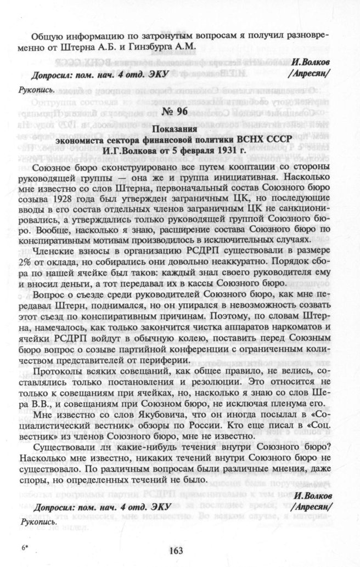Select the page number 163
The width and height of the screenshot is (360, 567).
[x=179, y=552]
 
